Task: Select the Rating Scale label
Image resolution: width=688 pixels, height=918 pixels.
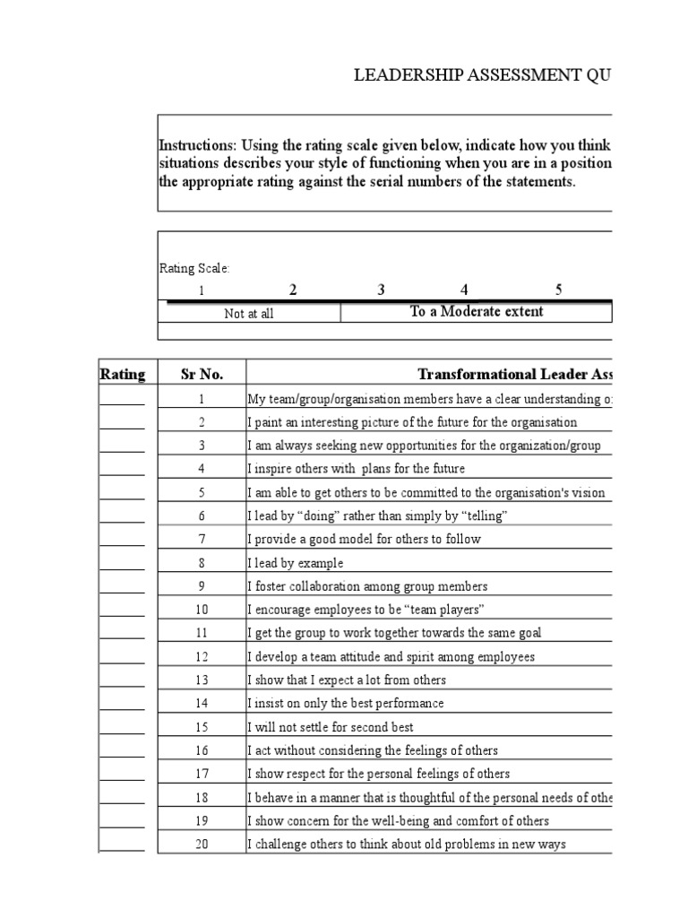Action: [x=194, y=268]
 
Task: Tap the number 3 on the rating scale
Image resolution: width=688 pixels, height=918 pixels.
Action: [x=381, y=290]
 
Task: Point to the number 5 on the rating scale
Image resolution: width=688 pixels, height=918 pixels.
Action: [x=558, y=290]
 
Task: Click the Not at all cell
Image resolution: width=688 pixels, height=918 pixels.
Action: [x=249, y=314]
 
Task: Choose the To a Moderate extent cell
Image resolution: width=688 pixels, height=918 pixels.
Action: [x=476, y=312]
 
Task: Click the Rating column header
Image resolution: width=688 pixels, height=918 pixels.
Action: [x=122, y=374]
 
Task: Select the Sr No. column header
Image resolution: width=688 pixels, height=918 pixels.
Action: [x=202, y=374]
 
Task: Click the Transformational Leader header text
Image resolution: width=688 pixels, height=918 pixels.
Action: [x=514, y=374]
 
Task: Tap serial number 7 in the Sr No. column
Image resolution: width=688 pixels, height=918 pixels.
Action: [x=202, y=540]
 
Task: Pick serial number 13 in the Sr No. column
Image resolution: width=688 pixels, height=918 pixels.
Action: [x=202, y=680]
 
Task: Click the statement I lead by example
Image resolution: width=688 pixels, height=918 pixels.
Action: [x=295, y=563]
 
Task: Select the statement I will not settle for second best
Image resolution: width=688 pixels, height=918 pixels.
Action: [x=330, y=727]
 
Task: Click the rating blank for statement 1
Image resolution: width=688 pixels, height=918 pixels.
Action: [x=122, y=400]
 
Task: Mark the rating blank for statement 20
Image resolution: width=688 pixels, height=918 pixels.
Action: [x=122, y=844]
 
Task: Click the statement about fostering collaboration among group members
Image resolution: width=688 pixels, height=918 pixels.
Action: [x=367, y=586]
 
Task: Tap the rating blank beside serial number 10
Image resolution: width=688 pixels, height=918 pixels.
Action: [x=122, y=611]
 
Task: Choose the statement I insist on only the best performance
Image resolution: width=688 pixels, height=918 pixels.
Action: [x=345, y=704]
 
